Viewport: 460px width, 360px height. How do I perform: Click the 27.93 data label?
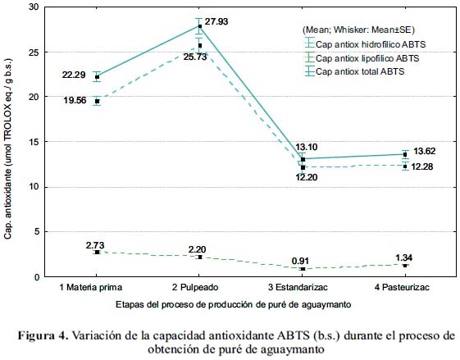(216, 21)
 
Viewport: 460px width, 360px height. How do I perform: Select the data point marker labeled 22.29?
(97, 77)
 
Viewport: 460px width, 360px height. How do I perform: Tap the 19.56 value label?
(75, 100)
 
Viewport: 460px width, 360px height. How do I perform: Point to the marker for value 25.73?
(200, 45)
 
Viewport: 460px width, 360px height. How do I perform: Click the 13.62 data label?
(425, 152)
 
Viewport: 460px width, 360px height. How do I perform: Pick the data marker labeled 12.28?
(405, 166)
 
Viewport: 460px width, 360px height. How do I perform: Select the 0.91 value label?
(300, 261)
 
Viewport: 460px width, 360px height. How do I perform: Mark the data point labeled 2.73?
(97, 253)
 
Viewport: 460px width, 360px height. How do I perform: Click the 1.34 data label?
(403, 257)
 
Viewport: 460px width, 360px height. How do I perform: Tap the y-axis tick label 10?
(34, 187)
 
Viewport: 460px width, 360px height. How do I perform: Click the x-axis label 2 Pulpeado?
(195, 287)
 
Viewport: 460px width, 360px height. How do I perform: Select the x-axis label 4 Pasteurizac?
(402, 287)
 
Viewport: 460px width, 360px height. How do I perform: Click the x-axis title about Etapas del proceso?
(233, 304)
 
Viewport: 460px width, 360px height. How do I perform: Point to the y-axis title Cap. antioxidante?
(7, 149)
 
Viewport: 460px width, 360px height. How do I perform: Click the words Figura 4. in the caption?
(43, 335)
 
